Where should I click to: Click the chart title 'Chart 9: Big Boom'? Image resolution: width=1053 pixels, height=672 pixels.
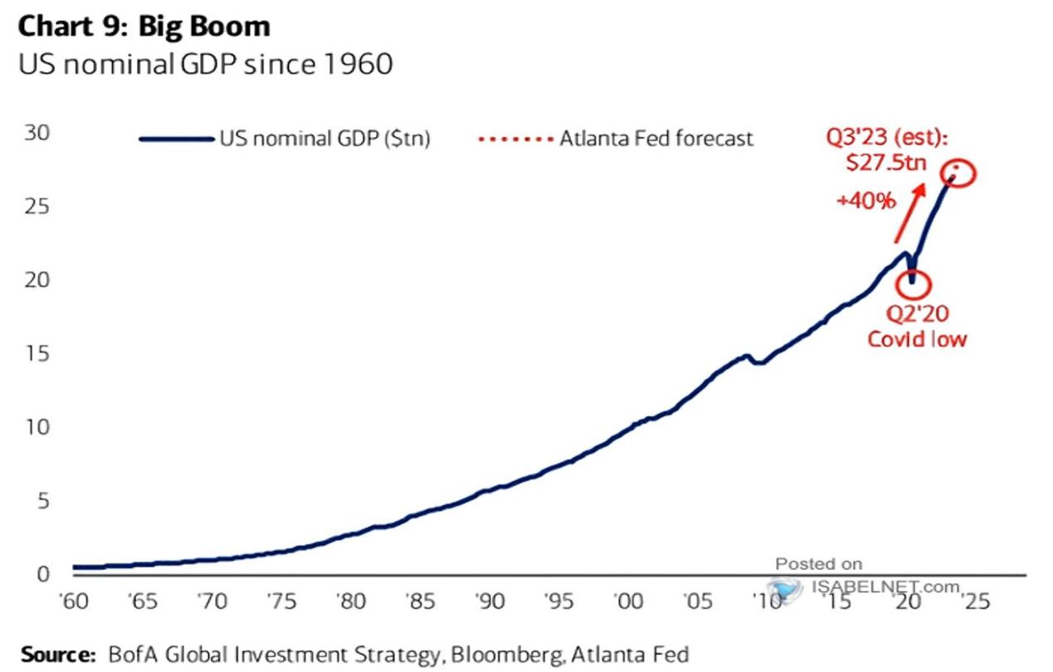pyautogui.click(x=144, y=27)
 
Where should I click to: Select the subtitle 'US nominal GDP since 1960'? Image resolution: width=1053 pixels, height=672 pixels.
pyautogui.click(x=205, y=64)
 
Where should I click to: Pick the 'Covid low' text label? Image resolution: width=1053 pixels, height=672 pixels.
pyautogui.click(x=918, y=338)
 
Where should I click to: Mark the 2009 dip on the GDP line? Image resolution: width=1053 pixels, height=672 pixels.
pyautogui.click(x=758, y=363)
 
